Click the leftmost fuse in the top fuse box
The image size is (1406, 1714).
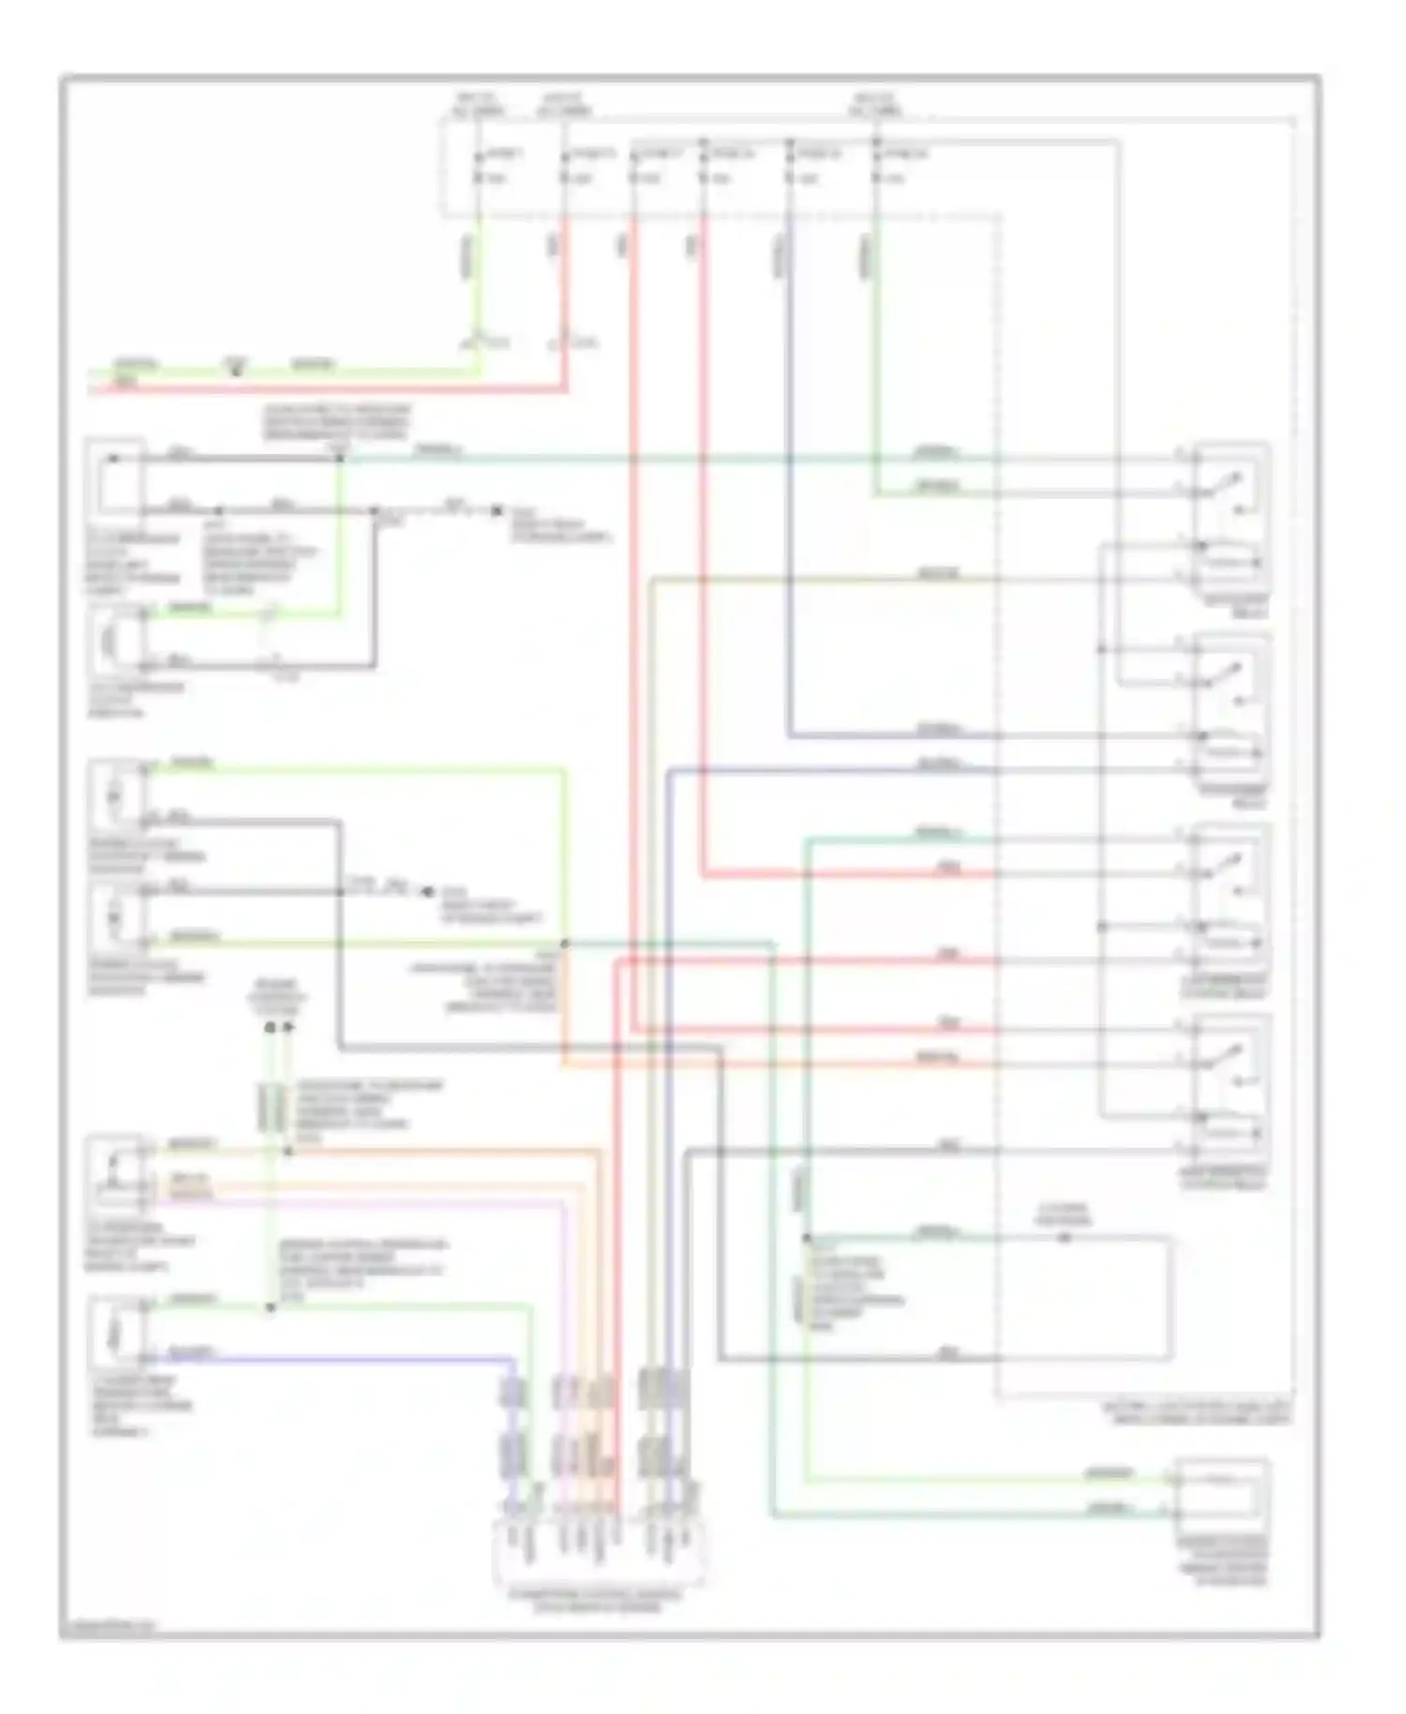coord(479,166)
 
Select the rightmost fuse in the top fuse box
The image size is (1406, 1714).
coord(875,166)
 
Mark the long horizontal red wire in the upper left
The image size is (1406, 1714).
coord(328,387)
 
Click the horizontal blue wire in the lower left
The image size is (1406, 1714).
coord(328,1357)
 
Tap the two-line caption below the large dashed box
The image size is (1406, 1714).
coord(1195,1414)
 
